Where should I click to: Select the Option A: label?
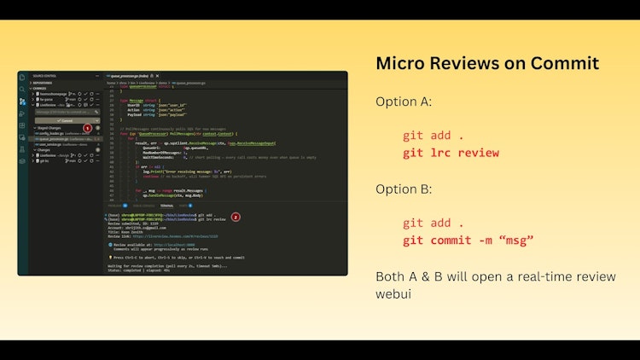404,102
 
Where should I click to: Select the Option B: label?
404,189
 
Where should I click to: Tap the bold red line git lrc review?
451,153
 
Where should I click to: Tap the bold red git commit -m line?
468,240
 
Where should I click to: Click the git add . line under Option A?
433,136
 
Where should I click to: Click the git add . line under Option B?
433,223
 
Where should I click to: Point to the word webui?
395,294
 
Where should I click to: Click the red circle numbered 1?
87,127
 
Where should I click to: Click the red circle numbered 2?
236,217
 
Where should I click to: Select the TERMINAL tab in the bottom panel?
167,206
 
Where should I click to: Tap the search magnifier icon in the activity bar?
23,89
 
